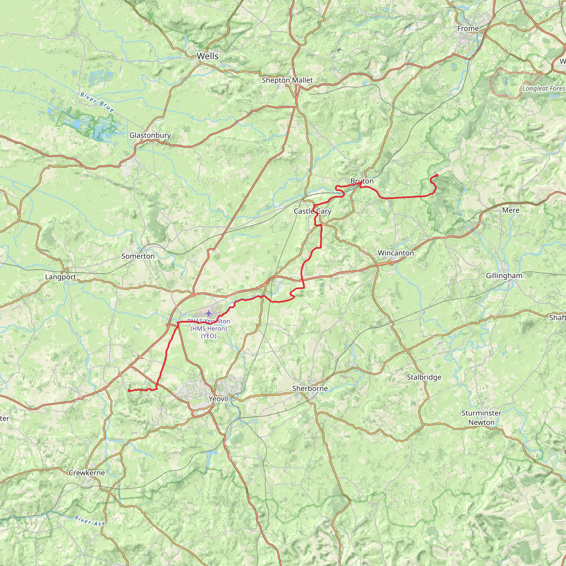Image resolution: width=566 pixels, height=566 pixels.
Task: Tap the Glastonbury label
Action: click(150, 135)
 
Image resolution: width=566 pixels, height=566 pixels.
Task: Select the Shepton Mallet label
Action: click(287, 80)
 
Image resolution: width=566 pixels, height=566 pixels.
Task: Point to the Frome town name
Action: click(468, 29)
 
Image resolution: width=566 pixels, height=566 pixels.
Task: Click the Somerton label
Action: click(138, 256)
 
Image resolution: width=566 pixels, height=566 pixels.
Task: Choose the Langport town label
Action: click(60, 277)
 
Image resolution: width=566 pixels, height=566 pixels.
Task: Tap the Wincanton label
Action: click(395, 253)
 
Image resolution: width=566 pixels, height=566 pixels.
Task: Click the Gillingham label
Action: click(504, 276)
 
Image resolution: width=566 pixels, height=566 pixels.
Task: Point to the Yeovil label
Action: click(218, 399)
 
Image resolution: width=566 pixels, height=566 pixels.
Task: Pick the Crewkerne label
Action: click(87, 473)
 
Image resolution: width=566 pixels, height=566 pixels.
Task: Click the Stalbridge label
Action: click(424, 377)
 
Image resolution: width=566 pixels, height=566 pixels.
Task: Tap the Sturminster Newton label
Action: click(481, 418)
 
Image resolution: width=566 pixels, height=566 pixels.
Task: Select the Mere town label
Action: click(511, 210)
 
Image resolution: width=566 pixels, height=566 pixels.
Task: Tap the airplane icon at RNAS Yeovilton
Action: click(208, 313)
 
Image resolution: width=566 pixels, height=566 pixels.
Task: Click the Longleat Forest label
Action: click(544, 88)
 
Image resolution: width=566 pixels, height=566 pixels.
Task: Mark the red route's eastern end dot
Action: click(437, 175)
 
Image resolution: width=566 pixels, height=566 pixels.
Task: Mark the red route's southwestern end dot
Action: click(129, 391)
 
